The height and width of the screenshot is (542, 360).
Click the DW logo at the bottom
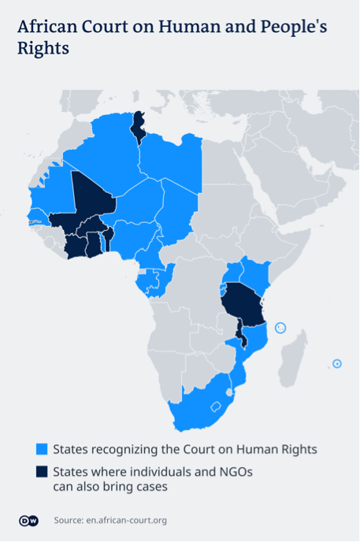pos(28,520)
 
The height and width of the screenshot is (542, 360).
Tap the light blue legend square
pos(41,450)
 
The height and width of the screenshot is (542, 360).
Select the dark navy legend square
pos(41,473)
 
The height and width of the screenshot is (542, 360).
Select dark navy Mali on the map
pos(91,197)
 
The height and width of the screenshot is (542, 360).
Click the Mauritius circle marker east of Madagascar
pos(337,363)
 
